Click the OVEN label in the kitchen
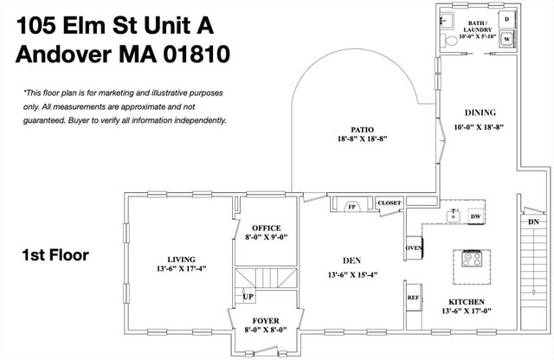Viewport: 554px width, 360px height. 414,248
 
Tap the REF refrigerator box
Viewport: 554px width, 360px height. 413,297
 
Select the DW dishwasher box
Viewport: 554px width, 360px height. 475,215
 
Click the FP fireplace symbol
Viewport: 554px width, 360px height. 352,207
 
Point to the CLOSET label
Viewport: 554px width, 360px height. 389,203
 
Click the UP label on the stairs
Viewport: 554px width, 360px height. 248,296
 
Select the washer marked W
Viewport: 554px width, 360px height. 506,38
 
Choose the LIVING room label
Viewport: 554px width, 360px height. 182,259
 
